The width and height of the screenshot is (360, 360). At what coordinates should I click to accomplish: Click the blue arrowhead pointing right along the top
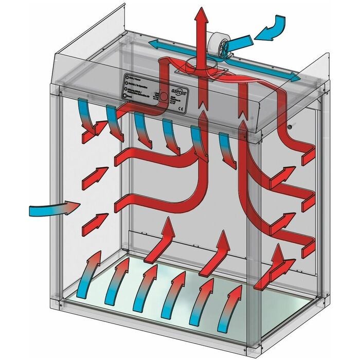294,77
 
